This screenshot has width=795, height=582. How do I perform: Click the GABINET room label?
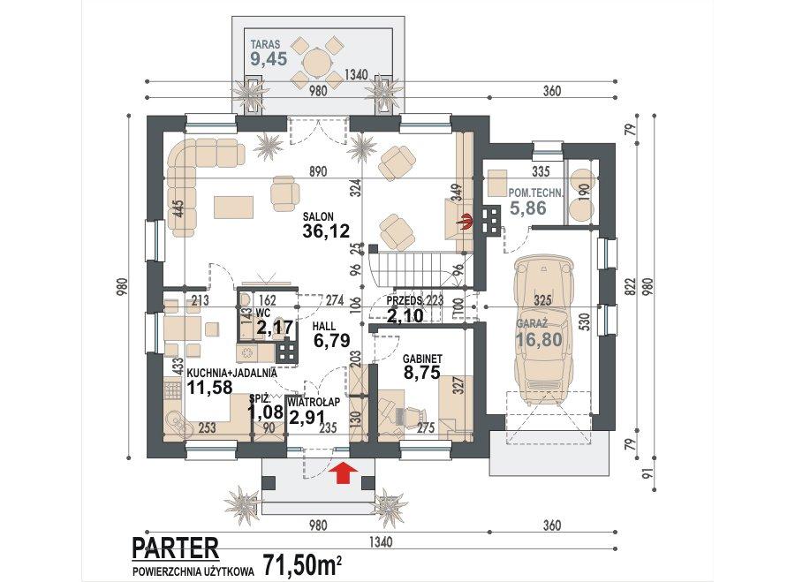point(422,359)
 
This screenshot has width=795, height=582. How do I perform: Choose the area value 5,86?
point(527,208)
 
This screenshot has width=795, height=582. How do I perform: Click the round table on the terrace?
point(318,62)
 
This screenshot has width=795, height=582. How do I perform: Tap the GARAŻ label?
point(533,323)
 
